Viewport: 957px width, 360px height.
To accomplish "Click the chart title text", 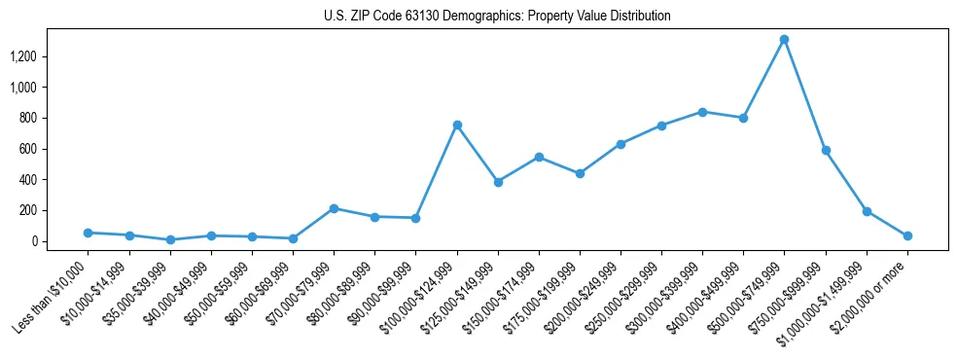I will pos(497,17).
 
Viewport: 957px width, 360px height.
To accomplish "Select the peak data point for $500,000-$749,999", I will pos(784,40).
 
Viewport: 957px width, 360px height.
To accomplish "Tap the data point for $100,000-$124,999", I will pos(457,125).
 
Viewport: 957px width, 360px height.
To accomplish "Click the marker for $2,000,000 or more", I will pos(907,235).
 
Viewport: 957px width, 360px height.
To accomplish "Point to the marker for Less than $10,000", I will pos(89,233).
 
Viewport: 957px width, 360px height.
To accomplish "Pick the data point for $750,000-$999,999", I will pos(826,151).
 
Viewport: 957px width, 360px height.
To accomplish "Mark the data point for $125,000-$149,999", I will pos(498,182).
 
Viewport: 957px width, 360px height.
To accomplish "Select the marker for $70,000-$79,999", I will pos(334,208).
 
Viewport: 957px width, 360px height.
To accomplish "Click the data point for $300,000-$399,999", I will pos(702,112).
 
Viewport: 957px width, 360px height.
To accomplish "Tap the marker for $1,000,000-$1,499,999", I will pos(867,211).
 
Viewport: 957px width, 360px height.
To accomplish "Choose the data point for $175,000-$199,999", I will pos(580,173).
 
